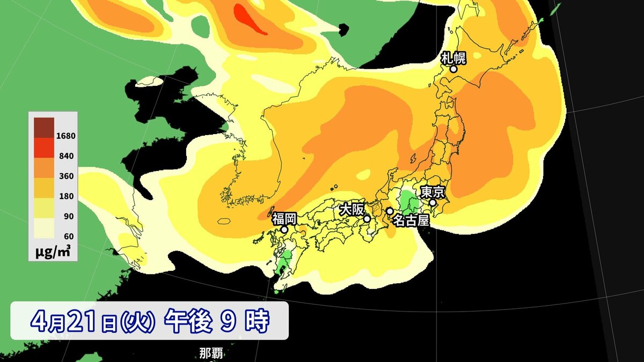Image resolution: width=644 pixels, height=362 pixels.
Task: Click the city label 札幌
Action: (x=453, y=57)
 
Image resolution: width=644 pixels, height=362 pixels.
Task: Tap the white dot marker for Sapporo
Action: (x=453, y=69)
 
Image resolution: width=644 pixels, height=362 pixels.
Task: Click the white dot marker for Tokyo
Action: (x=433, y=203)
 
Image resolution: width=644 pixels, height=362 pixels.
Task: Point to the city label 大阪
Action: (x=352, y=209)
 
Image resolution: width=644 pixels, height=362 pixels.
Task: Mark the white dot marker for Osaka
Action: (x=367, y=219)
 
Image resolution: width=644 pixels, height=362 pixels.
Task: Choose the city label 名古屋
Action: (x=411, y=220)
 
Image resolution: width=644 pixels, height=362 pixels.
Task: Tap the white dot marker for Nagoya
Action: (x=390, y=211)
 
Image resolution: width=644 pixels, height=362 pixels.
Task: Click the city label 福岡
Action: (x=284, y=218)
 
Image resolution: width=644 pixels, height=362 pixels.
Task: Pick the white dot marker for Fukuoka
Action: (x=284, y=230)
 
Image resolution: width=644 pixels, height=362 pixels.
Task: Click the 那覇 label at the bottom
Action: (x=211, y=353)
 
